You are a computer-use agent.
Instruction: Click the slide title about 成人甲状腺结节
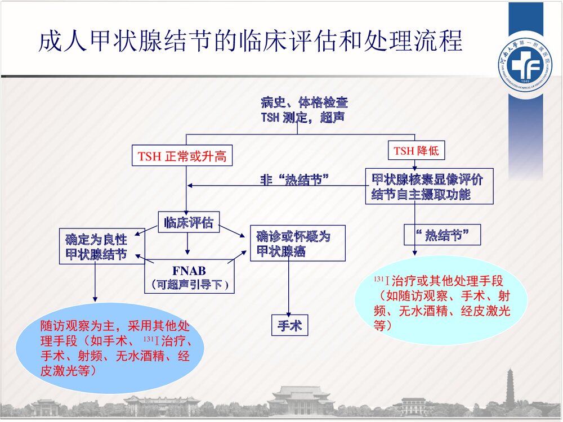251,42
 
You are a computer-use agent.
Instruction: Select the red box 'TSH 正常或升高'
182,156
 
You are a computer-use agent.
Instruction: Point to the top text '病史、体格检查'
304,102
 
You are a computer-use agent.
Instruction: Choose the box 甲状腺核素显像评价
429,186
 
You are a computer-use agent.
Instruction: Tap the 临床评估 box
188,222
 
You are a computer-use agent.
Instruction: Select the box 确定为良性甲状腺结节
102,246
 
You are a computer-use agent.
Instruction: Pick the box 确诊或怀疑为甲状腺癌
297,243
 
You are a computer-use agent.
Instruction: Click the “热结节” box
443,235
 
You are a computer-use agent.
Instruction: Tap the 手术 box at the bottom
289,325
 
